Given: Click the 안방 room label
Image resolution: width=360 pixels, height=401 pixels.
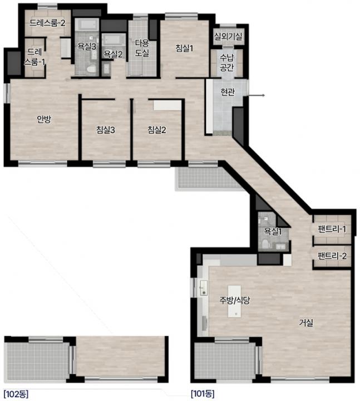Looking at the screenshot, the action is click(44, 119).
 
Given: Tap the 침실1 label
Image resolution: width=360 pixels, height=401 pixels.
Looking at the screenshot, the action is click(184, 48).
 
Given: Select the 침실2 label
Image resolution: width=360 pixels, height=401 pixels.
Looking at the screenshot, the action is click(156, 130).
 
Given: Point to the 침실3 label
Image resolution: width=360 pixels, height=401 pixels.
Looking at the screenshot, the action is click(106, 130).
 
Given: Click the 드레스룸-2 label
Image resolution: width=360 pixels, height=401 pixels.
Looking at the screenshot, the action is click(47, 23).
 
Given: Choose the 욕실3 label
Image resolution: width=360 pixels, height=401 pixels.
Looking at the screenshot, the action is click(87, 46).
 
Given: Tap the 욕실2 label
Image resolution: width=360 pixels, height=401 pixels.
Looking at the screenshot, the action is click(113, 54).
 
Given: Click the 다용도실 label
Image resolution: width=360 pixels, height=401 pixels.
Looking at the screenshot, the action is click(142, 48).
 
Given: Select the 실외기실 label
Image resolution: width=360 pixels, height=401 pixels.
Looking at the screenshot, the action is click(228, 36).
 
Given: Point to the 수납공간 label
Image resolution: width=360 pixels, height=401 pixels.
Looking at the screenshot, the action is click(227, 62).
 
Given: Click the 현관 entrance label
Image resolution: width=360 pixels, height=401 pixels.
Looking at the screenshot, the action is click(228, 91).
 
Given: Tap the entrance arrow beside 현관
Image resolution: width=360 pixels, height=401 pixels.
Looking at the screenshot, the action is click(257, 95).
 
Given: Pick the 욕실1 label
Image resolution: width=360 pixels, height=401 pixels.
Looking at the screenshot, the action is click(273, 232).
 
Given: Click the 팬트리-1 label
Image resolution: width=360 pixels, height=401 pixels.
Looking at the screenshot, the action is click(332, 229).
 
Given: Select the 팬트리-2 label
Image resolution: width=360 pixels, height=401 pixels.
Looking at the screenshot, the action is click(332, 256).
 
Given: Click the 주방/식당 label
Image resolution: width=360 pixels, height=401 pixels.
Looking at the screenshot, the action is click(235, 300).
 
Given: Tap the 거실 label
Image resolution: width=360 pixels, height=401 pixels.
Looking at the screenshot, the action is click(306, 322).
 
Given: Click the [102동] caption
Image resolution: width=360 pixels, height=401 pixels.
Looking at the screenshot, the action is click(16, 394).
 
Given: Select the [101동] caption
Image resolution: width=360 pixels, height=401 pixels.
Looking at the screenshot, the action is click(203, 394).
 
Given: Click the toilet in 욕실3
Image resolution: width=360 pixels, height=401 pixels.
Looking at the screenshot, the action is click(91, 69).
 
